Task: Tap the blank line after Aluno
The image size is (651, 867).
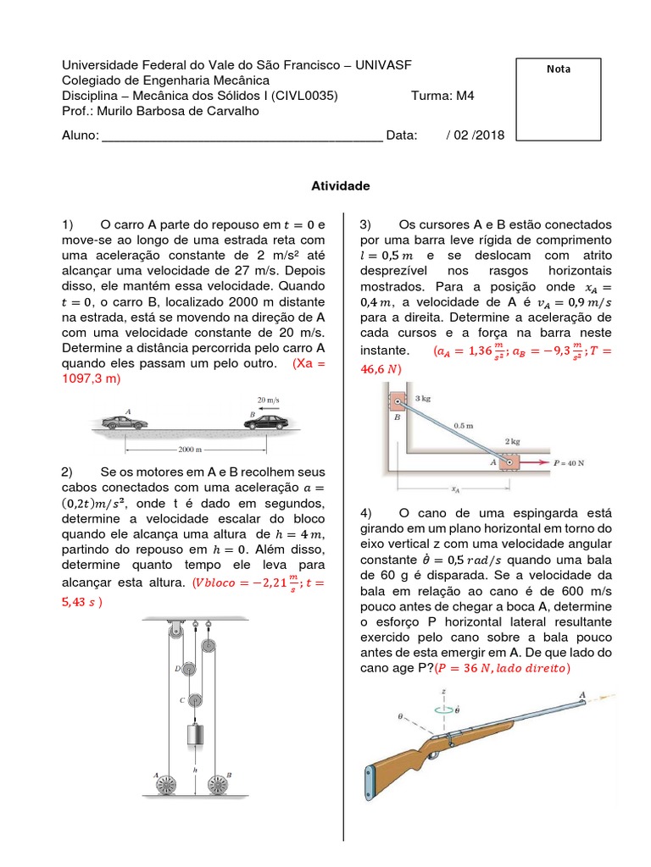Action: [242, 135]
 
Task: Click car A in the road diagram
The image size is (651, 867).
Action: [124, 421]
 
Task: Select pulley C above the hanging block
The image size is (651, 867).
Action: [194, 699]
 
